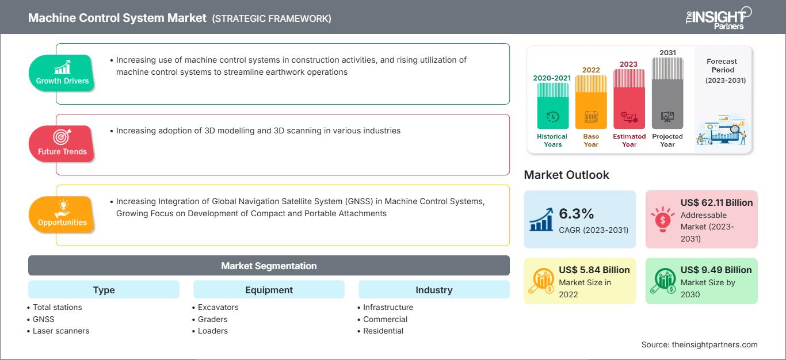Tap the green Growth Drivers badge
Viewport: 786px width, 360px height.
pyautogui.click(x=62, y=73)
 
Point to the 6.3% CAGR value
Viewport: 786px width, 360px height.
pyautogui.click(x=577, y=214)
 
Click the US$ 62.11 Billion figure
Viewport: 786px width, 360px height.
pyautogui.click(x=716, y=202)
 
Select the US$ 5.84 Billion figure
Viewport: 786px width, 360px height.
pyautogui.click(x=594, y=270)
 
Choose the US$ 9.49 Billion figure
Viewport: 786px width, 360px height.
pyautogui.click(x=716, y=270)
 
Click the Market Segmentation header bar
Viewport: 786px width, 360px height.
pyautogui.click(x=269, y=266)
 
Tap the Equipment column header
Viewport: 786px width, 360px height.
pyautogui.click(x=269, y=290)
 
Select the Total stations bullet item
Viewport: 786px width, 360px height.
pyautogui.click(x=57, y=307)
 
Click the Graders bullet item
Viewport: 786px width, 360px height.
pyautogui.click(x=212, y=319)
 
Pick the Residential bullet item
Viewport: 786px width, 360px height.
pyautogui.click(x=383, y=331)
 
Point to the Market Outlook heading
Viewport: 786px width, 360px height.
pyautogui.click(x=566, y=175)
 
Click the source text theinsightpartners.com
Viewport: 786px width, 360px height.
pyautogui.click(x=699, y=344)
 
